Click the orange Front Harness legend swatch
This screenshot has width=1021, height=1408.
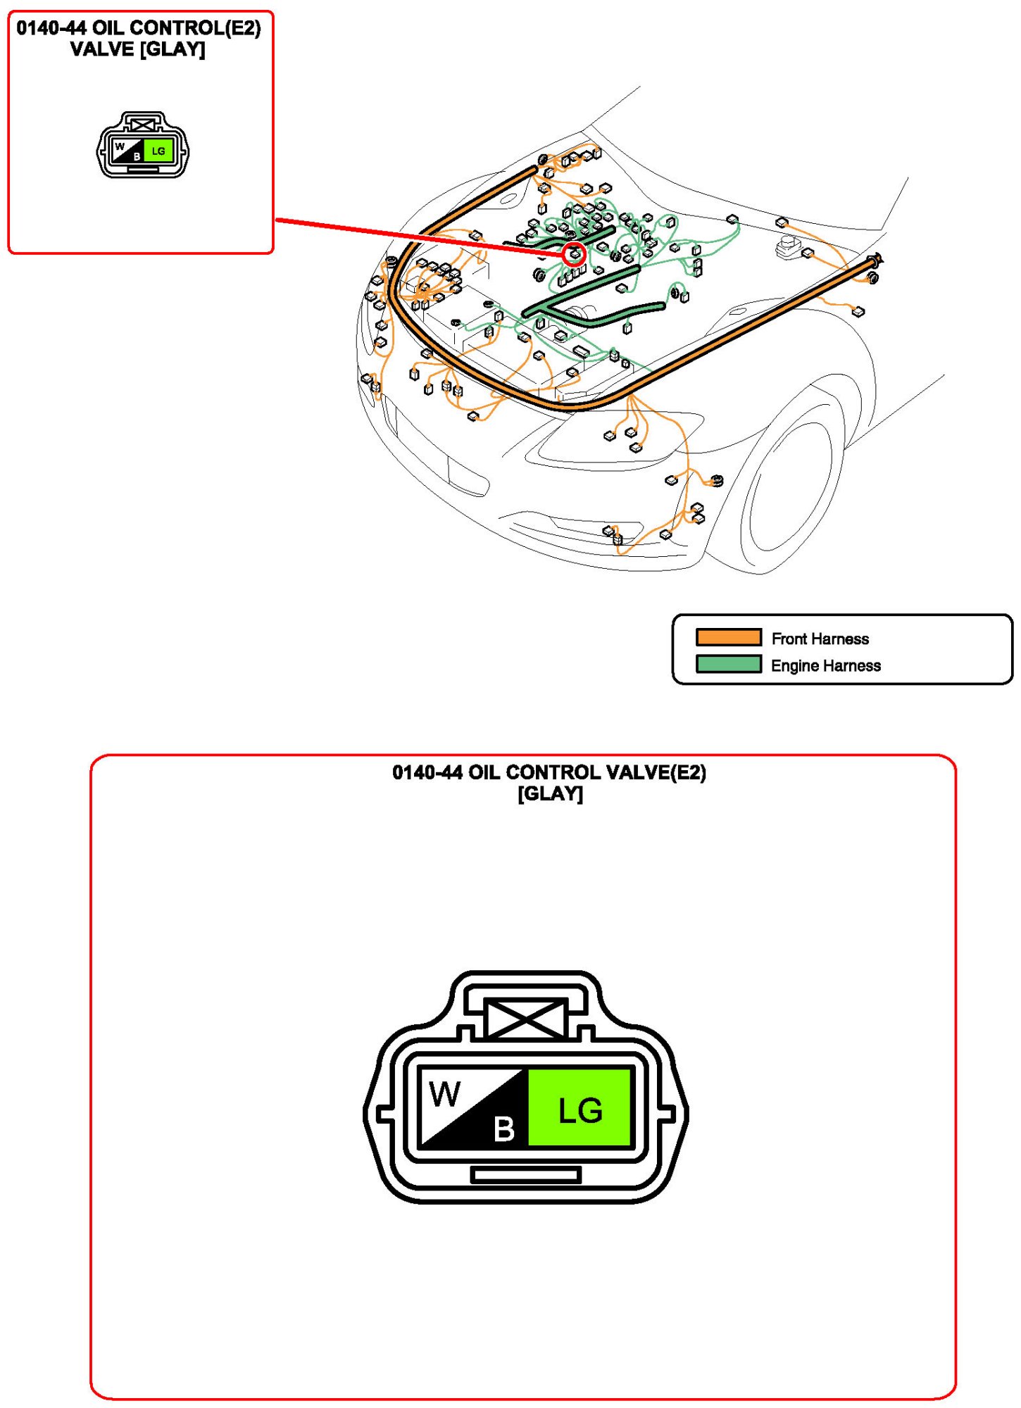click(x=728, y=637)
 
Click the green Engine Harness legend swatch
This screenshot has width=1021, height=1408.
click(x=728, y=664)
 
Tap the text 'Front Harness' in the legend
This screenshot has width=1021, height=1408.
click(x=820, y=639)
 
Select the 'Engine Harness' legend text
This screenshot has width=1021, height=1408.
click(x=825, y=665)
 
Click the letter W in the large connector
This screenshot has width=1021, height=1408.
click(x=445, y=1094)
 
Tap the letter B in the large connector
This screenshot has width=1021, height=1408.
click(x=504, y=1129)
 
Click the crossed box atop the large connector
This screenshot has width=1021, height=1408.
click(x=525, y=1019)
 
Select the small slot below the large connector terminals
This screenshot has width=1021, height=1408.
click(x=525, y=1174)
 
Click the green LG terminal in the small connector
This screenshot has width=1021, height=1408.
click(x=158, y=151)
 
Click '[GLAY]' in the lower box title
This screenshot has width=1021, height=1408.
click(x=550, y=793)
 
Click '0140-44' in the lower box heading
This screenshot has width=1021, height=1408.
click(x=427, y=772)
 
